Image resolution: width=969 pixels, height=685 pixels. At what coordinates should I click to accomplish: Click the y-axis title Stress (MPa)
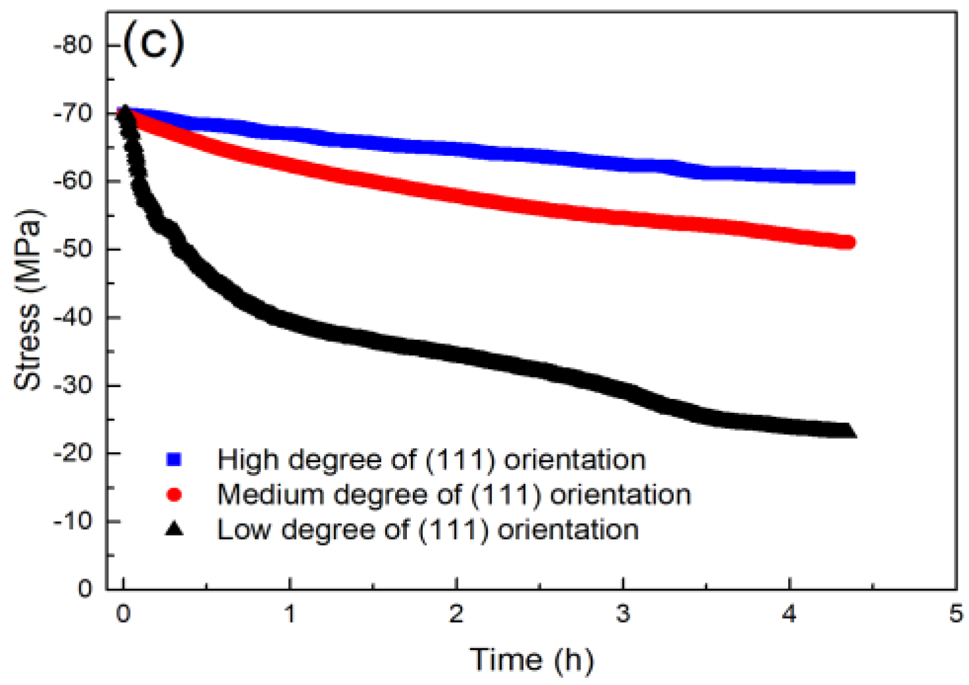click(x=28, y=299)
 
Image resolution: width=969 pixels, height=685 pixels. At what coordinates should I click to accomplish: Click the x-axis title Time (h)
click(x=531, y=659)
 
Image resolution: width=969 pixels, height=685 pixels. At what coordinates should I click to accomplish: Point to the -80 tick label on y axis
click(x=73, y=45)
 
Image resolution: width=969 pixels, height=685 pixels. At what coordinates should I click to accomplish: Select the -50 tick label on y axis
click(x=73, y=249)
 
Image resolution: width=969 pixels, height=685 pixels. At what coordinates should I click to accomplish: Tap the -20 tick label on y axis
click(x=73, y=453)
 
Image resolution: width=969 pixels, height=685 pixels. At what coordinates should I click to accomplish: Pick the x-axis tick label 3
click(x=623, y=614)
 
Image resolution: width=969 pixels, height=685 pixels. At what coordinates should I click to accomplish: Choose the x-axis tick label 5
click(x=955, y=614)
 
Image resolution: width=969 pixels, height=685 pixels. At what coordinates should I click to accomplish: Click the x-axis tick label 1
click(x=289, y=614)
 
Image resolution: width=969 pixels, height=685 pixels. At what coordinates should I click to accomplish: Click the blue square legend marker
click(x=174, y=459)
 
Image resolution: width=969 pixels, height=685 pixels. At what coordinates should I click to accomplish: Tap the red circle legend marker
click(x=174, y=494)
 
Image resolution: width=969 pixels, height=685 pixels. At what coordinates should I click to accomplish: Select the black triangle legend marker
click(x=174, y=529)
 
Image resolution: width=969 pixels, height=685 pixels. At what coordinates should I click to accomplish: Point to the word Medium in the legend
click(x=270, y=494)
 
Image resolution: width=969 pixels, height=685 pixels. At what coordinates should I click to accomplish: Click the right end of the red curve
click(x=849, y=243)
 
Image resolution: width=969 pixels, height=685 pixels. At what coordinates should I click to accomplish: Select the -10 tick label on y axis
click(x=73, y=521)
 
